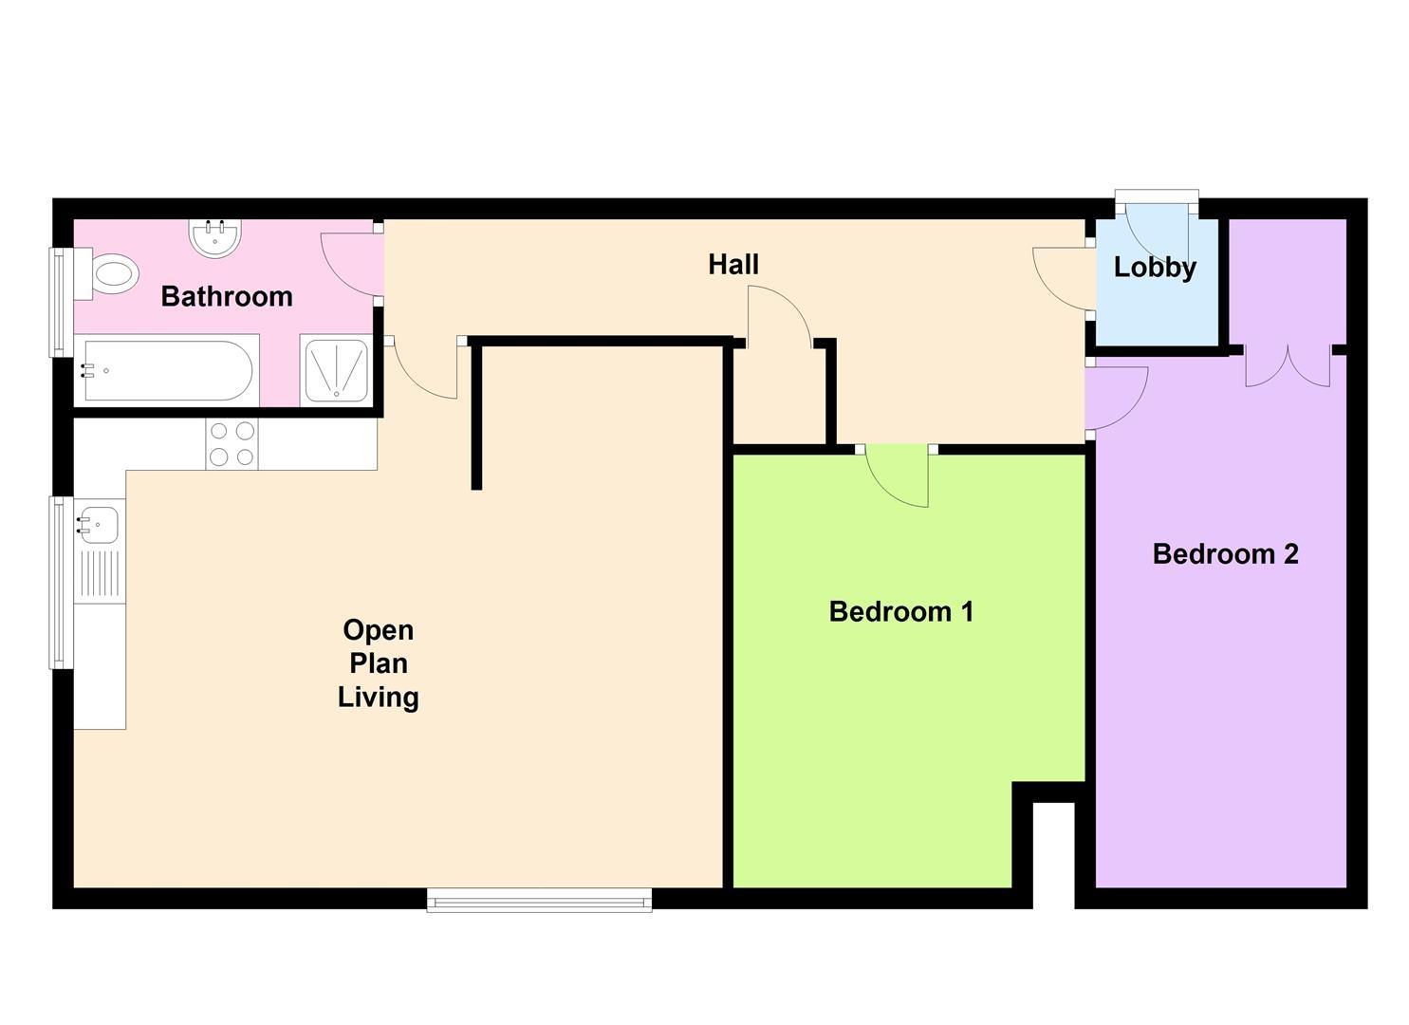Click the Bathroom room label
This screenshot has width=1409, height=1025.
227,296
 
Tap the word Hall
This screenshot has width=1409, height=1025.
732,264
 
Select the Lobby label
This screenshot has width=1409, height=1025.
1154,268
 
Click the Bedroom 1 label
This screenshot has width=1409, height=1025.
900,611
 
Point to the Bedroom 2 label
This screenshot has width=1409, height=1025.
1224,553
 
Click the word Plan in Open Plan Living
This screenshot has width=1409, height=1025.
378,663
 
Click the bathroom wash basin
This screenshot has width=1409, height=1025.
214,237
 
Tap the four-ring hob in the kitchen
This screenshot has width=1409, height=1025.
232,443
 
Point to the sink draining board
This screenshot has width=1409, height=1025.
99,573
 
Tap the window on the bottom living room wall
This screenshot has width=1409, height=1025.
539,900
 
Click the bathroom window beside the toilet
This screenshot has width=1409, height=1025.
61,302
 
